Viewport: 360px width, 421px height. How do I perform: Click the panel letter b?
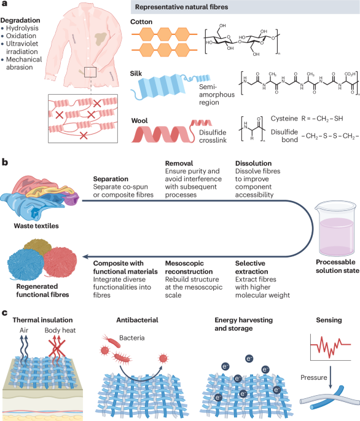click(x=4, y=162)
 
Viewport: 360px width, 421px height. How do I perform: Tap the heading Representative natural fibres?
click(x=181, y=7)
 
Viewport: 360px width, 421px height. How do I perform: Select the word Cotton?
click(x=141, y=22)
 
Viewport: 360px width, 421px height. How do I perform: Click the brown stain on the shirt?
click(x=101, y=38)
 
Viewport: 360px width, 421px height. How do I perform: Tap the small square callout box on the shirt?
click(x=90, y=73)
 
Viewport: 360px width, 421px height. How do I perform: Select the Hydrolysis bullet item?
click(x=22, y=28)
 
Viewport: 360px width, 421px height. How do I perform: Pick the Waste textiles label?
click(x=36, y=226)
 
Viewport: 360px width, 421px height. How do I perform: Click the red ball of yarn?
click(x=60, y=262)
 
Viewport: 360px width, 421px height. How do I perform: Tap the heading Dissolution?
click(x=254, y=163)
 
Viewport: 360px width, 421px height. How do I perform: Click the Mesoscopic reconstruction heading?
click(x=189, y=267)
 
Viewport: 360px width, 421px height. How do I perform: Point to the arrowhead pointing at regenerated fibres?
click(x=85, y=257)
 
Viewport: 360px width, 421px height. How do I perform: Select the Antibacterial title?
click(x=137, y=320)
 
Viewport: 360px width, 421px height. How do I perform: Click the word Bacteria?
click(x=132, y=338)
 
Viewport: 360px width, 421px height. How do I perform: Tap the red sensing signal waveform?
click(x=331, y=347)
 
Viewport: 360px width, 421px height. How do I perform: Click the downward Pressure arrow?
click(x=331, y=377)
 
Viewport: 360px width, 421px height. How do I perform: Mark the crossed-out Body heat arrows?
click(x=57, y=348)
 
